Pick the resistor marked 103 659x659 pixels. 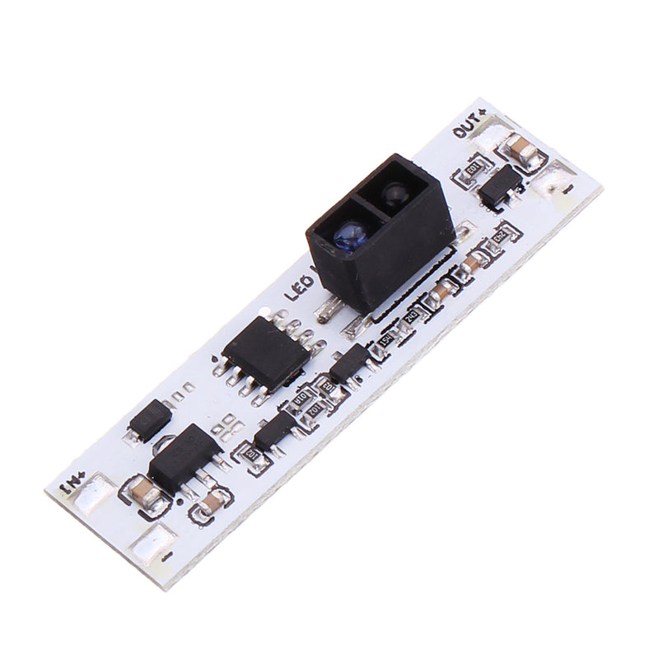[328, 386]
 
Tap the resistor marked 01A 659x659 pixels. [301, 403]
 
